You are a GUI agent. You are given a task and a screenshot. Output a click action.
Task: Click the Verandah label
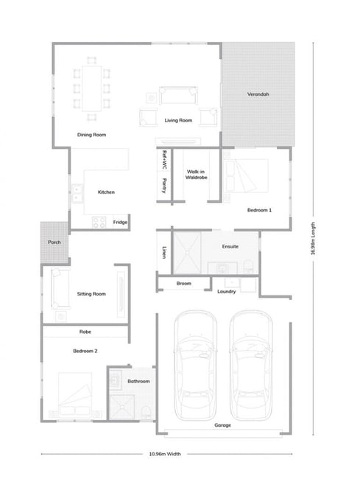[258, 94]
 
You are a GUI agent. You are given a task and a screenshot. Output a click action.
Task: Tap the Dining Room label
[91, 135]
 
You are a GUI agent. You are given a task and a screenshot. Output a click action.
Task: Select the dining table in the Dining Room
[91, 88]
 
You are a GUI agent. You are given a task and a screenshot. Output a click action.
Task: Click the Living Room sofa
[178, 95]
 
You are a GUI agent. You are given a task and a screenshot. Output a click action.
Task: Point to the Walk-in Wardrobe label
[196, 175]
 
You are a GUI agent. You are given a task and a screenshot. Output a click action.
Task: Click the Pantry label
[164, 186]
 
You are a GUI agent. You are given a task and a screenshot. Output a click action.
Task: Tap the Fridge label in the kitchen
[120, 222]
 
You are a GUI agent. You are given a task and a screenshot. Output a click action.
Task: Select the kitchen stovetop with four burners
[99, 222]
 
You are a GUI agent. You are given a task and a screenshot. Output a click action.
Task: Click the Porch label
[54, 242]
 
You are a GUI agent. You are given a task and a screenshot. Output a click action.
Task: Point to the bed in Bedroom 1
[246, 175]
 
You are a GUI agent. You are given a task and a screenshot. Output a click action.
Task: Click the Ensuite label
[230, 247]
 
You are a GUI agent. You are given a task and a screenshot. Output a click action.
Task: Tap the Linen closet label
[164, 252]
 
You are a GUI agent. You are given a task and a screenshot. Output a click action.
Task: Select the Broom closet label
[183, 284]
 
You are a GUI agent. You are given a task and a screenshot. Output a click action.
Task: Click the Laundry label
[226, 291]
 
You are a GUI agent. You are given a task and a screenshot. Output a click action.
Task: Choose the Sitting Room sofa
[60, 288]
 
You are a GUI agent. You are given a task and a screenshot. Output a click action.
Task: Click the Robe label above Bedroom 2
[85, 332]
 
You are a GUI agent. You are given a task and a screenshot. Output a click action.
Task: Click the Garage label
[223, 425]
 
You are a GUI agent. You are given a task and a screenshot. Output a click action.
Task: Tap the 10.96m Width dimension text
[165, 454]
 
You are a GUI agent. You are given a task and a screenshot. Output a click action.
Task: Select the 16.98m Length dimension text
[313, 239]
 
